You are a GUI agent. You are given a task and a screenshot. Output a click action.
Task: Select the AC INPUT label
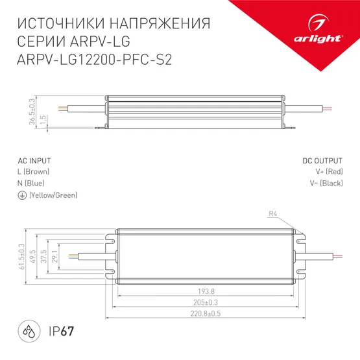pyautogui.click(x=34, y=160)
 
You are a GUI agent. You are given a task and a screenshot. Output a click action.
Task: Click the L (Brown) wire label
pyautogui.click(x=33, y=171)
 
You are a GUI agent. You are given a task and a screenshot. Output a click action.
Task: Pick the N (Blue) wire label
pyautogui.click(x=30, y=183)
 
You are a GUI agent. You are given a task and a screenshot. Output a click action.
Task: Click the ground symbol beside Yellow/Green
pyautogui.click(x=22, y=195)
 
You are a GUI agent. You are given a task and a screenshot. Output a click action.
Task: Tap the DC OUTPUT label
pyautogui.click(x=322, y=160)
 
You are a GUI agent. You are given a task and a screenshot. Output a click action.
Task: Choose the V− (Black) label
pyautogui.click(x=326, y=183)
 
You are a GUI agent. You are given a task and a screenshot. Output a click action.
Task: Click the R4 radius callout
pyautogui.click(x=273, y=214)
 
